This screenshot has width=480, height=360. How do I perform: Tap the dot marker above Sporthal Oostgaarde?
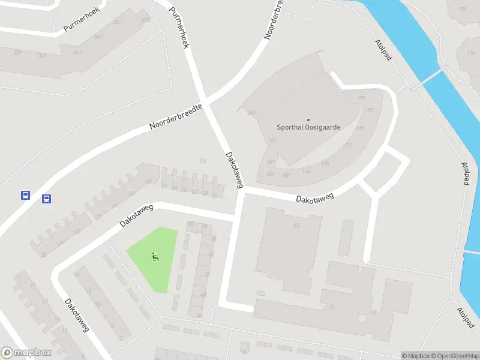point(308,120)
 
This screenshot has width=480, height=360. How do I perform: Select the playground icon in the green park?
point(155,257)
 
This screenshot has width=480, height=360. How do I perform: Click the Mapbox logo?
point(26,353)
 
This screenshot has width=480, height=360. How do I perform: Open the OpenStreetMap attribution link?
point(454,356)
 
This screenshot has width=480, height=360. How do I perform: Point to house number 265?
point(251,112)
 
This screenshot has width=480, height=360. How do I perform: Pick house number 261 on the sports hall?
point(272,140)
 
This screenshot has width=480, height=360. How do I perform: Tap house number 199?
point(361,98)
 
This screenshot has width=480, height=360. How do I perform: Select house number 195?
point(369,110)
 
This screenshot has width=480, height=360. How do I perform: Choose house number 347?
point(116,22)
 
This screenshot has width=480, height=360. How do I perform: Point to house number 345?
point(97,37)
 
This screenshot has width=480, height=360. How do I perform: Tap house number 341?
point(42,56)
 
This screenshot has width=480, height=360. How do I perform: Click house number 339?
point(17,52)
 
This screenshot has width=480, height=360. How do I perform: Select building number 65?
point(296,226)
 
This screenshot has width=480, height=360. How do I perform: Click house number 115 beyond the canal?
point(470,53)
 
